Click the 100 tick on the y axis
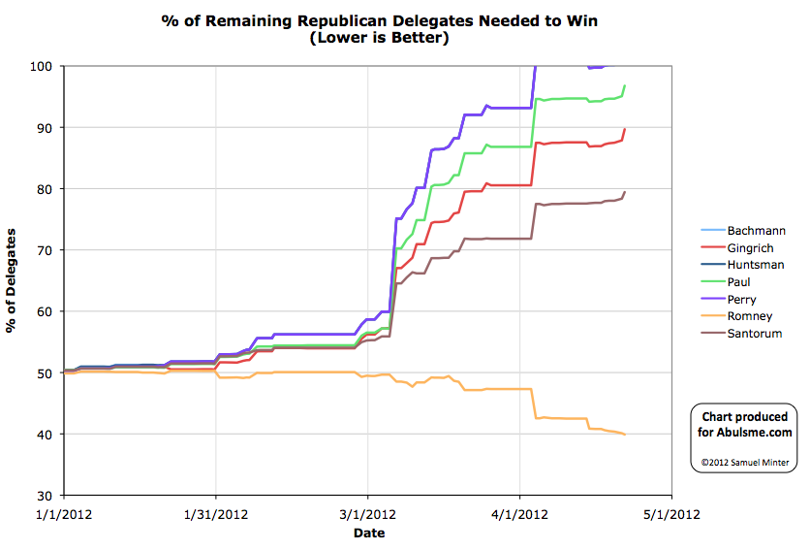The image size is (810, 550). point(46,66)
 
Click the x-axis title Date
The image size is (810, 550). point(368,533)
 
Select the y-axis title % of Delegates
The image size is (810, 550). point(13,281)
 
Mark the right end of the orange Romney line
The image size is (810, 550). point(625,435)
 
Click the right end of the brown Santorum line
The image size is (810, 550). point(625,191)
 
